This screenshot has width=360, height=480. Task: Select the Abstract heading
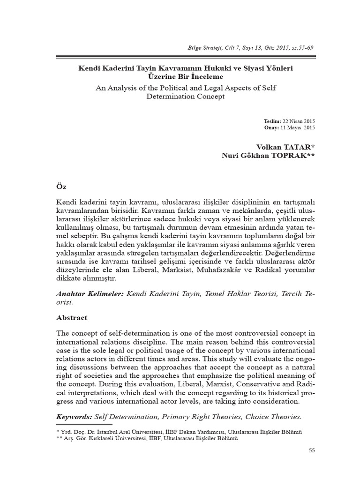72,317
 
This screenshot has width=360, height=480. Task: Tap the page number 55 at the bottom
312,450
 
